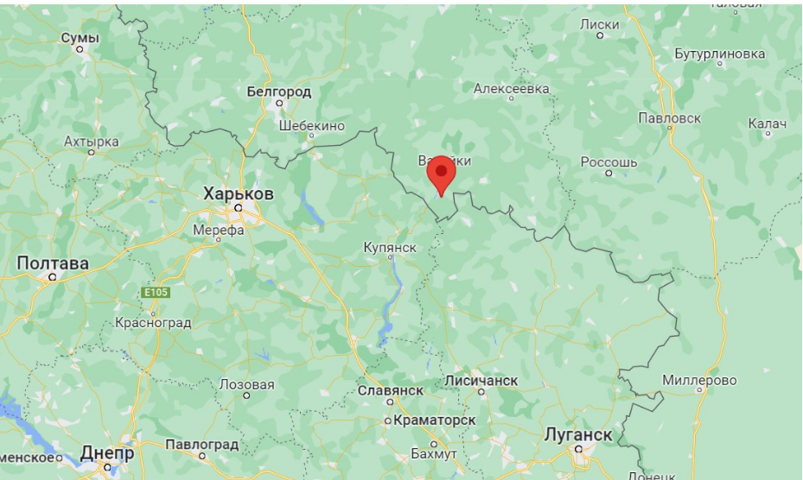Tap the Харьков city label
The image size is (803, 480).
point(238,193)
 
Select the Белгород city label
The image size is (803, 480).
point(278,91)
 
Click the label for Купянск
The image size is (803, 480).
point(390,248)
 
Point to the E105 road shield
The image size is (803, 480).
point(156,294)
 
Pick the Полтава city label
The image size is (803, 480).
point(53,262)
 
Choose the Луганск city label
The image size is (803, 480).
point(579,434)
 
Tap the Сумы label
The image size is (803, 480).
point(80,38)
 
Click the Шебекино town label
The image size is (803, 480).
point(312,125)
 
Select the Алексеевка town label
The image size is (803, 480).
point(512,88)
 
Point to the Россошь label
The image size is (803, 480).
point(609,161)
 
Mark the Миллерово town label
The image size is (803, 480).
point(699,380)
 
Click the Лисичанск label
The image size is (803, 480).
point(481,380)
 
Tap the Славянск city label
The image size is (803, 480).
point(390,390)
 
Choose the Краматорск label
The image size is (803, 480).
point(434,420)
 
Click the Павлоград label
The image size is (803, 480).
point(201,444)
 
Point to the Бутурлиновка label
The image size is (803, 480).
point(720,54)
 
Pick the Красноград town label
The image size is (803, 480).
point(152,323)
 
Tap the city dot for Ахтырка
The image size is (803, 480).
point(91,152)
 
